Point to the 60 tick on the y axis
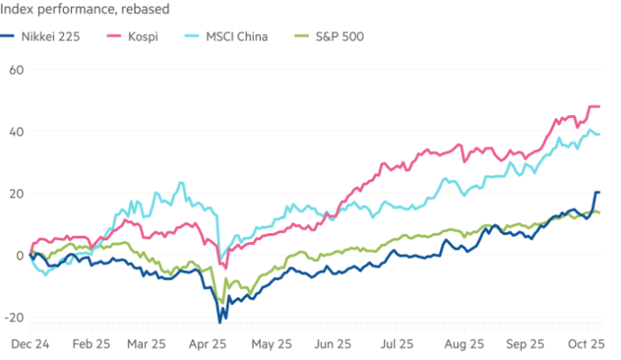coord(14,68)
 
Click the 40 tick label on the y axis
coord(14,130)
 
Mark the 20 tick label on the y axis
coord(14,193)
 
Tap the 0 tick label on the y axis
coord(18,255)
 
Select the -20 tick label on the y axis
coord(13,317)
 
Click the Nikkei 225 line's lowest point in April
coord(220,321)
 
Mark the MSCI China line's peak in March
coord(183,183)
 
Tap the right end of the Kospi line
coord(599,106)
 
